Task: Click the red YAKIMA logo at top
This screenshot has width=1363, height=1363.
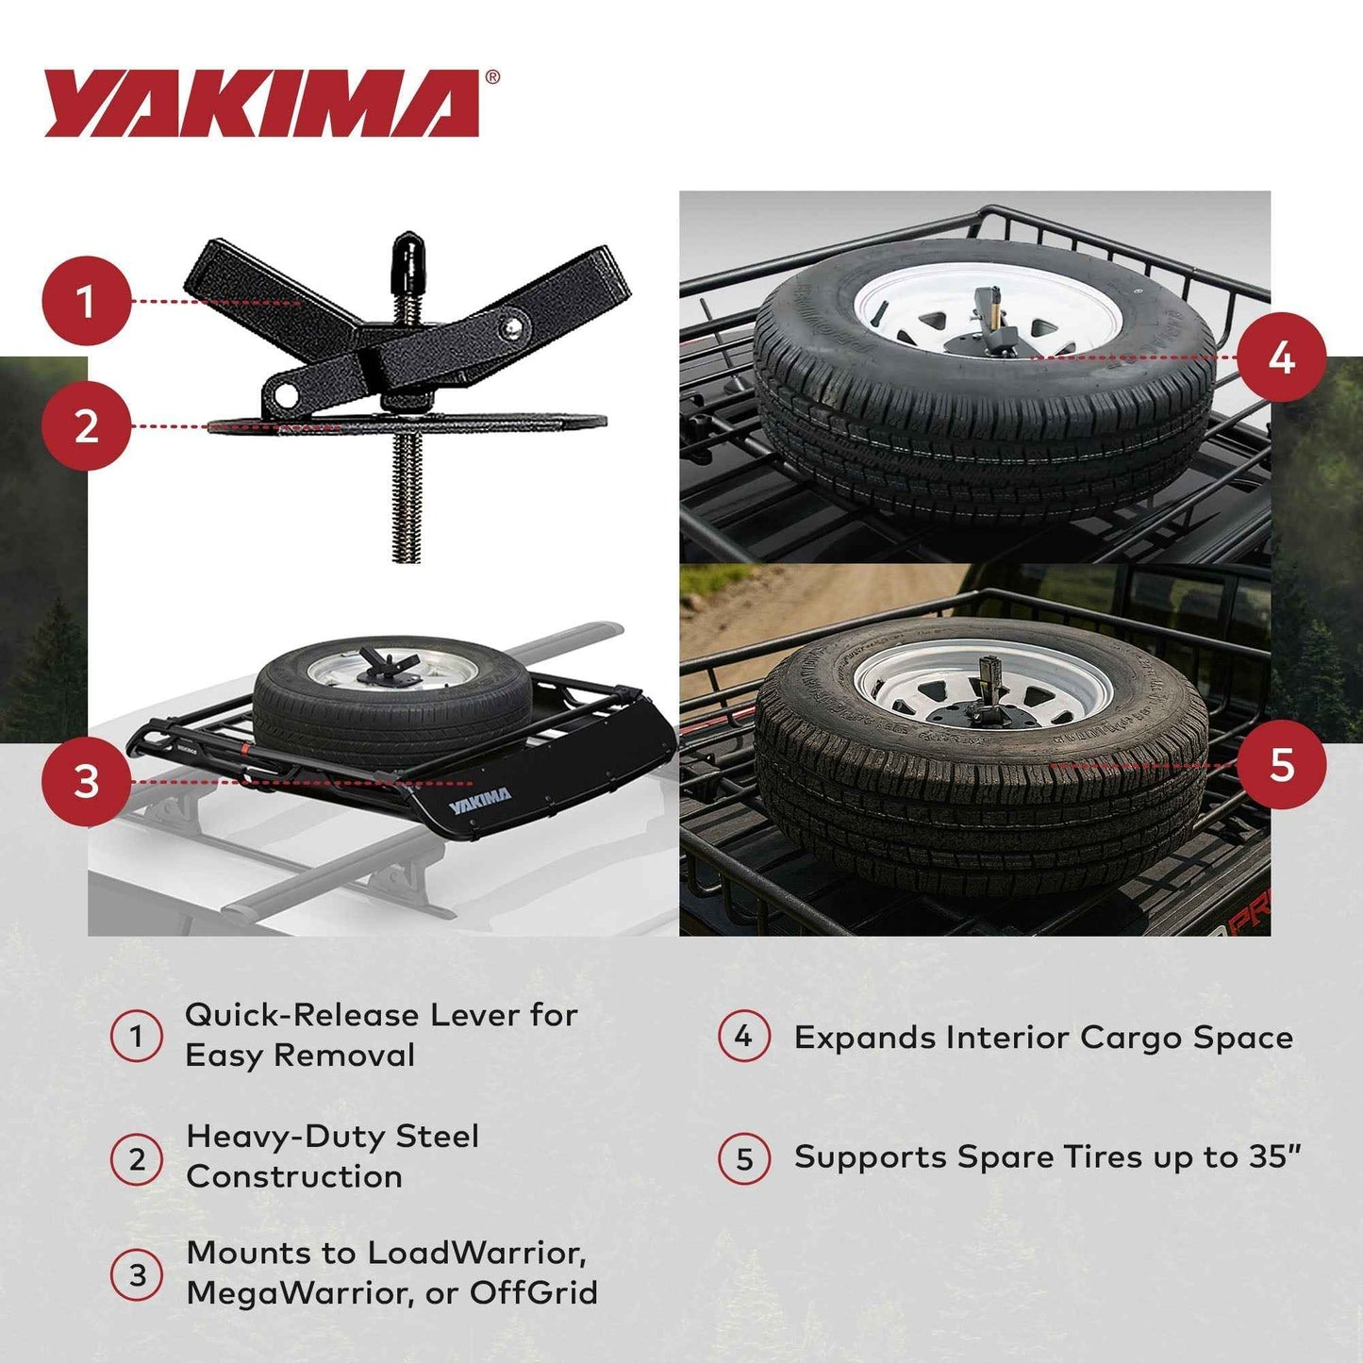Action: (x=262, y=104)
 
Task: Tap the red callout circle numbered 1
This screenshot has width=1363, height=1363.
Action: (x=86, y=302)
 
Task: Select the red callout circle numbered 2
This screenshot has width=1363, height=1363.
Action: (x=86, y=426)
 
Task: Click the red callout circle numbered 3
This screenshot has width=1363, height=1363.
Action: (x=86, y=782)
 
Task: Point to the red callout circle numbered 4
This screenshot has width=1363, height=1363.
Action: (x=1281, y=357)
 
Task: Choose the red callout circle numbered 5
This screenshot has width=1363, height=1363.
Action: (x=1281, y=764)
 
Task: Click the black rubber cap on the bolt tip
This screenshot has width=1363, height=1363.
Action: (x=407, y=255)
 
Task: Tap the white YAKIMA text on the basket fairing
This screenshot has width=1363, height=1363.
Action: (x=479, y=802)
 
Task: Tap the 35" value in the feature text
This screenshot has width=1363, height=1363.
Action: (x=1275, y=1156)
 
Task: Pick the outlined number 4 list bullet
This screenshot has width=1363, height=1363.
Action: (x=744, y=1037)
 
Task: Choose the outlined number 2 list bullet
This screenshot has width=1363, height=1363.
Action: (x=137, y=1158)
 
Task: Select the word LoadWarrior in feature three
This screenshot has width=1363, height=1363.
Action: (x=476, y=1253)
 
